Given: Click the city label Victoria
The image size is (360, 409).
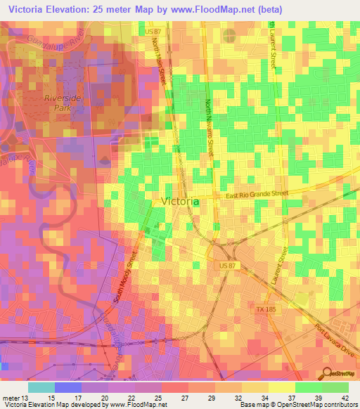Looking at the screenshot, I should coord(180,201).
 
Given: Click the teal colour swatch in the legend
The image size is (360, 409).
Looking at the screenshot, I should coord(41,387).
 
